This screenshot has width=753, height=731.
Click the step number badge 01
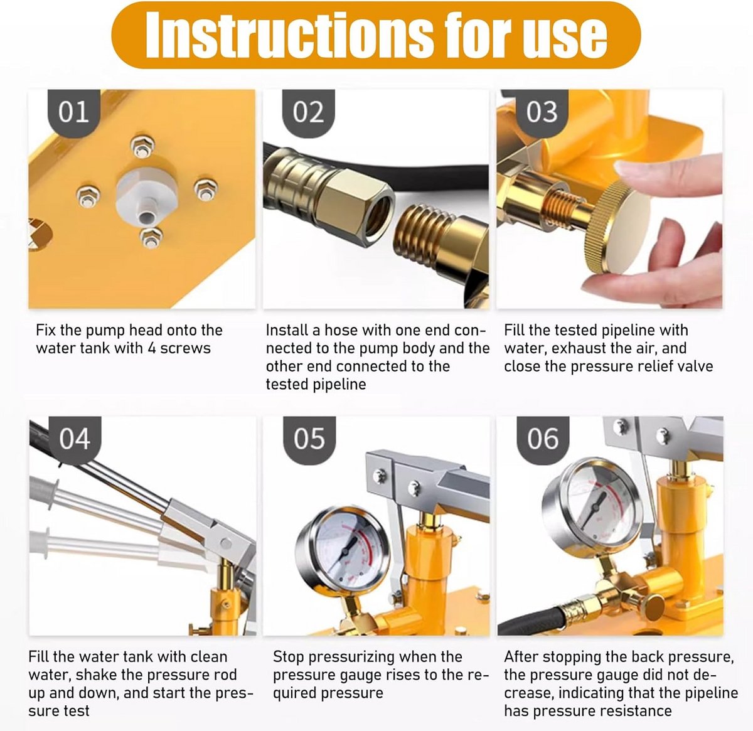coord(73,112)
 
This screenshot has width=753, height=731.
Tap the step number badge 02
coord(308,112)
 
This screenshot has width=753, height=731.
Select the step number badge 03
coord(542,112)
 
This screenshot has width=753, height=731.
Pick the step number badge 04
coord(75,440)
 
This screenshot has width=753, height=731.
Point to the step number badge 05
coord(309,440)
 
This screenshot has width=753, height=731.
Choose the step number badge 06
coord(543,440)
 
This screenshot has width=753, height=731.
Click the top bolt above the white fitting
coord(142,147)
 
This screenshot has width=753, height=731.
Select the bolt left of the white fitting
coord(88,196)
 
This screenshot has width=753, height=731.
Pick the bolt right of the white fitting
coord(205,189)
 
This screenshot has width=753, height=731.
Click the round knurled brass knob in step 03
coord(613,228)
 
